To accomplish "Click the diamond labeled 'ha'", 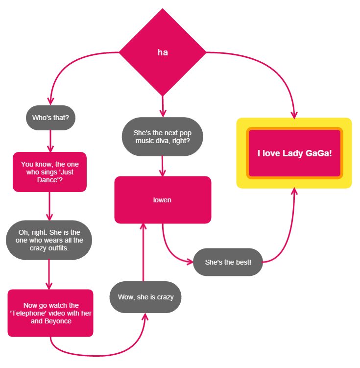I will pyautogui.click(x=163, y=52).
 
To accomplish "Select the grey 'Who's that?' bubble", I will pyautogui.click(x=50, y=118).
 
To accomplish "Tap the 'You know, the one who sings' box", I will pyautogui.click(x=49, y=172).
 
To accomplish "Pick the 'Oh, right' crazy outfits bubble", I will pyautogui.click(x=49, y=240).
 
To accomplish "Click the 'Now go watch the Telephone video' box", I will pyautogui.click(x=50, y=313).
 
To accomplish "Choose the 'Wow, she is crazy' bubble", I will pyautogui.click(x=145, y=297).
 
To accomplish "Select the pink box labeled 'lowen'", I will pyautogui.click(x=163, y=200).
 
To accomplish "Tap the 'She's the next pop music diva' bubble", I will pyautogui.click(x=162, y=137).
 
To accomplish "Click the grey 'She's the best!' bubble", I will pyautogui.click(x=228, y=262).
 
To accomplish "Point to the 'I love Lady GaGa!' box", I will pyautogui.click(x=294, y=153).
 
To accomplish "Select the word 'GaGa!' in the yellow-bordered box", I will pyautogui.click(x=319, y=153).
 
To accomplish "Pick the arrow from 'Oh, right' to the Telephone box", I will pyautogui.click(x=49, y=274).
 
